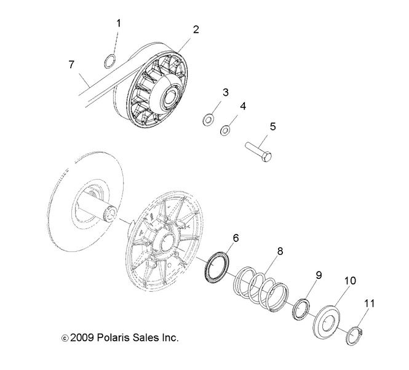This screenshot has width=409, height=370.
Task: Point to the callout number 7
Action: point(71,64)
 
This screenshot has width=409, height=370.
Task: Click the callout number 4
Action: point(242,106)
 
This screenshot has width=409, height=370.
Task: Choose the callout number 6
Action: point(236,237)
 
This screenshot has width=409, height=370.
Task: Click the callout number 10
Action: point(349,281)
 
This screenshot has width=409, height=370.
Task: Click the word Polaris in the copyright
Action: point(115,338)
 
